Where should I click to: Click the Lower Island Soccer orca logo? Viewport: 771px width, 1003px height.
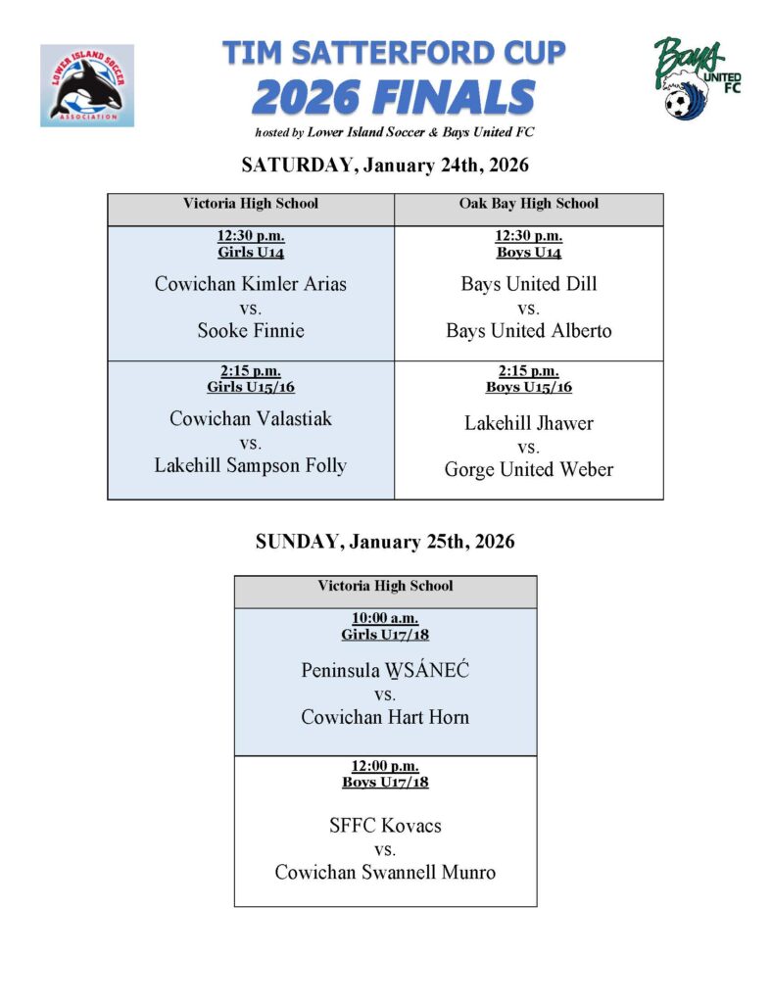tap(87, 85)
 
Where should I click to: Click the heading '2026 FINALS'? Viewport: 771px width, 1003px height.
tap(394, 98)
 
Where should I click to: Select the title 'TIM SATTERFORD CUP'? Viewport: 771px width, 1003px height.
tap(394, 52)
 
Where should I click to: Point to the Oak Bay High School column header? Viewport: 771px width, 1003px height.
tap(529, 204)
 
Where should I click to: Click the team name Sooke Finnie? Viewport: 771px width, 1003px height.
tap(251, 330)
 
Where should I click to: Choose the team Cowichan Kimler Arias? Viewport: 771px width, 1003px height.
tap(251, 284)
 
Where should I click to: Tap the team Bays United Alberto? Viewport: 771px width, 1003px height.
tap(529, 330)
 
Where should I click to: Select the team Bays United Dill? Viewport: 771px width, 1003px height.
tap(529, 284)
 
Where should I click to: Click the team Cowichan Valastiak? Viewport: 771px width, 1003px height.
tap(251, 418)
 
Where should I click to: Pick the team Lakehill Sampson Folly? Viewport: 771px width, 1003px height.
tap(251, 465)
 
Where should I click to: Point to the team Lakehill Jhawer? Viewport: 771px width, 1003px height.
tap(529, 423)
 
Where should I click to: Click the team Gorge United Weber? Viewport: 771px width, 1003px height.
tap(529, 469)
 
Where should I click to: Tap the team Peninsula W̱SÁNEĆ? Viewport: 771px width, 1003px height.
tap(385, 671)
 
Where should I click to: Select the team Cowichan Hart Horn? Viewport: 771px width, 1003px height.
tap(385, 717)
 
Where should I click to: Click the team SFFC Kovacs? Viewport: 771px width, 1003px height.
tap(385, 826)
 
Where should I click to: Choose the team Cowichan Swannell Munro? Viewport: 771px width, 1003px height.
tap(385, 872)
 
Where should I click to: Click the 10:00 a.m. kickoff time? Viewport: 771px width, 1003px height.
tap(385, 618)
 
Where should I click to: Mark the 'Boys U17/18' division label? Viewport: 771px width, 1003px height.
tap(385, 783)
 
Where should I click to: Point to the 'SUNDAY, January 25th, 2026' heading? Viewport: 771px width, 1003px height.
tap(385, 542)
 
